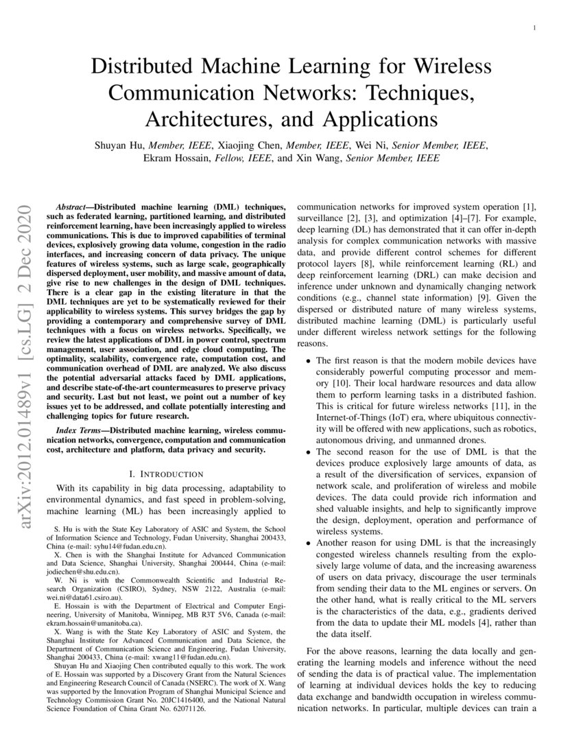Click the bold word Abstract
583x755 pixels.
71,207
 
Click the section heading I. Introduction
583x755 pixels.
166,474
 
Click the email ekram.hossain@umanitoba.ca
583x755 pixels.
82,624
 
